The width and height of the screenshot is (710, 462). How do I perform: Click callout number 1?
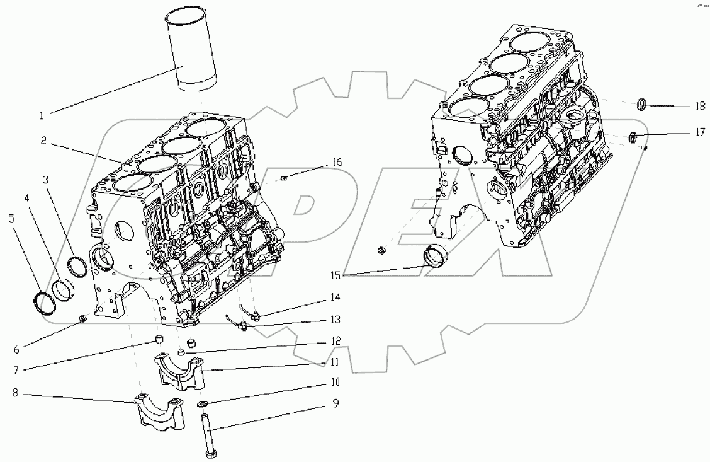(42, 115)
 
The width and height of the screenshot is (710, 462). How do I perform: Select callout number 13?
(335, 319)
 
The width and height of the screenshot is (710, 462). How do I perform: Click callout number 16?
(337, 163)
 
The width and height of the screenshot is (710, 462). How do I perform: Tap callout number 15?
(336, 274)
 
